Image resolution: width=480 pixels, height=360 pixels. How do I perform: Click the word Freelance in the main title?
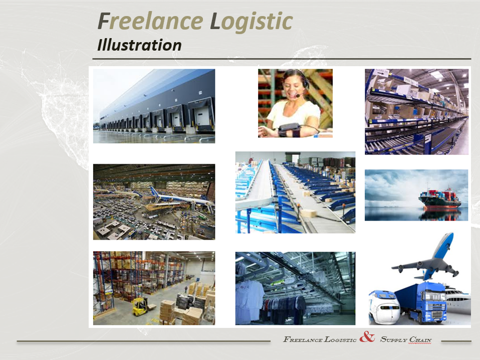[150, 21]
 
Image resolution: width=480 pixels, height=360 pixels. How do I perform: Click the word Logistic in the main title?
[252, 22]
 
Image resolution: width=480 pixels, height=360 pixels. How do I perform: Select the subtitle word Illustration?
[139, 45]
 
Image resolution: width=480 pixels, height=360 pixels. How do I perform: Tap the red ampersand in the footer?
[367, 337]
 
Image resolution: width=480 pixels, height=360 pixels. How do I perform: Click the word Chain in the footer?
[420, 339]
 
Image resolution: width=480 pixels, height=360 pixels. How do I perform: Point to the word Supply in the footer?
[393, 339]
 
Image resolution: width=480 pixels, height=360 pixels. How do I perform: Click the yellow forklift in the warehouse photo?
[140, 306]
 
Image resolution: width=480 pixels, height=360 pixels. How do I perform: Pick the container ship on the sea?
[440, 199]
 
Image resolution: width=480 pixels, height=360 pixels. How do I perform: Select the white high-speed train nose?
[384, 307]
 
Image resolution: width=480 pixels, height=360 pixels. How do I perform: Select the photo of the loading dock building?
[154, 106]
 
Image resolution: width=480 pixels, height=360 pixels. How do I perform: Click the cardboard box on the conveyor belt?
[308, 213]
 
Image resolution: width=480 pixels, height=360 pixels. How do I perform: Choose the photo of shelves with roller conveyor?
[417, 111]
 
